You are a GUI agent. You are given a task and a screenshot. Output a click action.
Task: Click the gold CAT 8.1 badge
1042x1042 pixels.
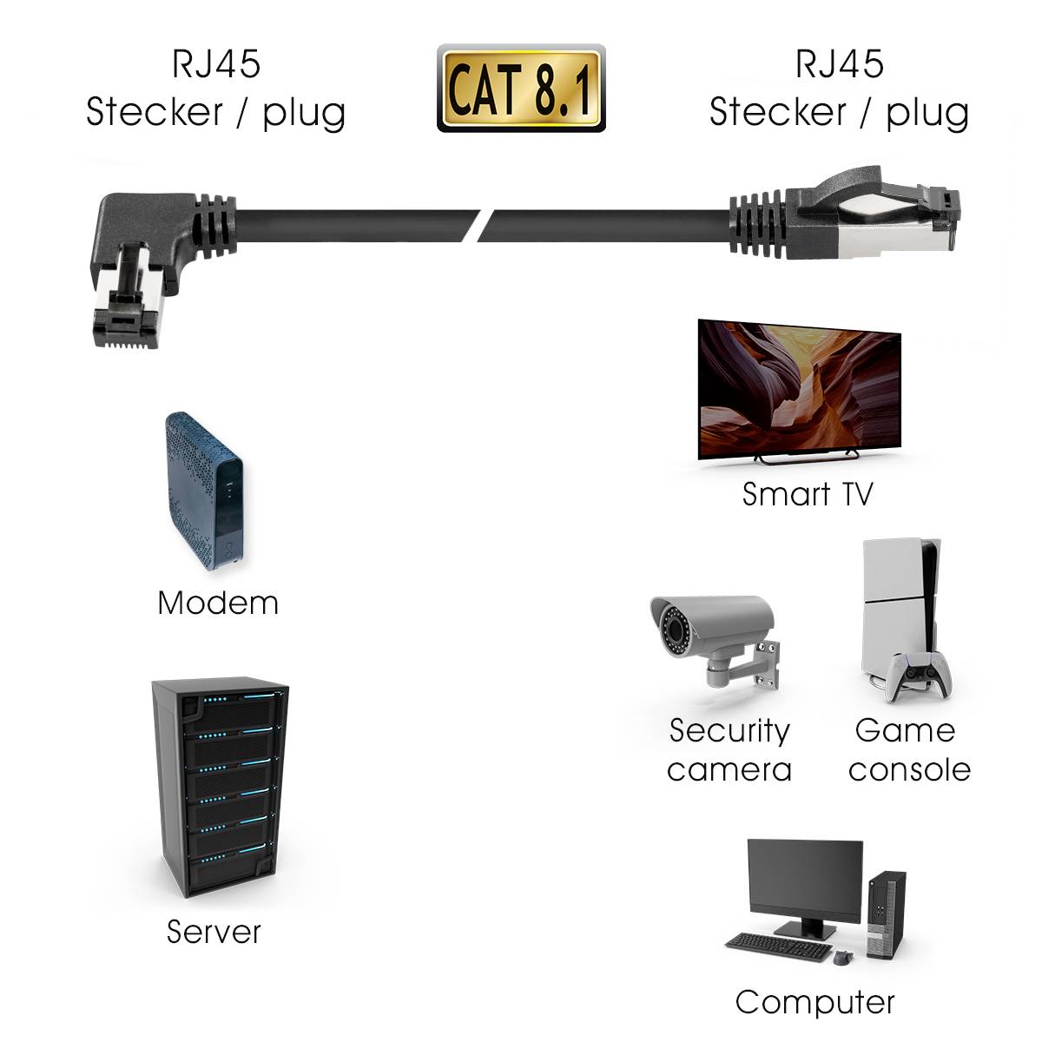tap(520, 89)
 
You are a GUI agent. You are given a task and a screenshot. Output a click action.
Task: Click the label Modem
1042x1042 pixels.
tap(218, 603)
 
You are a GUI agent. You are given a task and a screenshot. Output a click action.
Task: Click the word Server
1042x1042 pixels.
tap(214, 932)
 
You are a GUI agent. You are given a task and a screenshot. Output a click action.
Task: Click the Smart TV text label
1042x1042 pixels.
tap(807, 494)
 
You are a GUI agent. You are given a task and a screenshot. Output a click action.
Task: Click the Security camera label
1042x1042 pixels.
tap(729, 750)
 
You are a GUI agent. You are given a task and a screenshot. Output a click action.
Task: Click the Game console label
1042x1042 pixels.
tap(908, 750)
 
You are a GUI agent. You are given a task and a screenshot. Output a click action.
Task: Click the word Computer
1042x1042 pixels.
tap(814, 1002)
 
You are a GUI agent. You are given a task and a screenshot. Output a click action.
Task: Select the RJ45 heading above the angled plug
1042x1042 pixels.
tap(216, 63)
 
